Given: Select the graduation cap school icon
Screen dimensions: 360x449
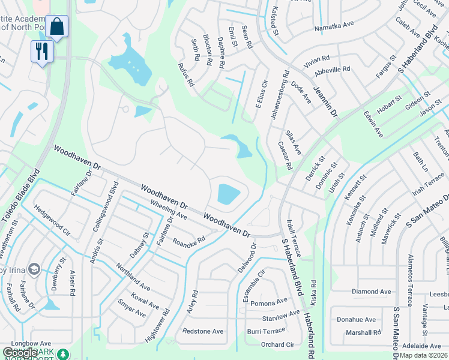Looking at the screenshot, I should pyautogui.click(x=34, y=269).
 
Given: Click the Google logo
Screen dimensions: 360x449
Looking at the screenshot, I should pyautogui.click(x=20, y=353).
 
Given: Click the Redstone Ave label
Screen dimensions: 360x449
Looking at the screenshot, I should pyautogui.click(x=203, y=331).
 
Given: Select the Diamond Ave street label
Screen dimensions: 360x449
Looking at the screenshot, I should pyautogui.click(x=371, y=292).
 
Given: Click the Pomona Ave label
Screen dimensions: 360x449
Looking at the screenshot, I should pyautogui.click(x=270, y=303).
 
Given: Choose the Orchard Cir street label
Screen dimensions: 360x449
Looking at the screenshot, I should pyautogui.click(x=277, y=344).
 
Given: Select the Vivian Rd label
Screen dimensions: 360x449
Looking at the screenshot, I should pyautogui.click(x=317, y=59).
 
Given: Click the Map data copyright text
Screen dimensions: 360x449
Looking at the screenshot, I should pyautogui.click(x=423, y=355).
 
